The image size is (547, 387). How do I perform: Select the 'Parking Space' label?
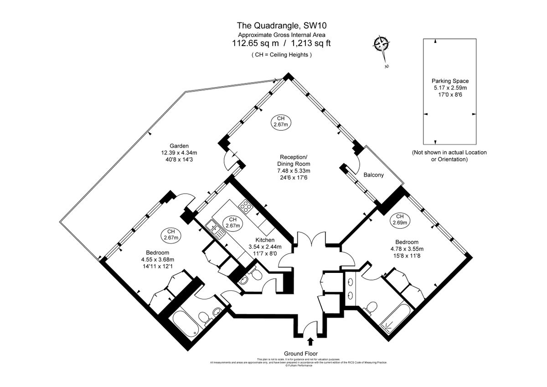pyautogui.click(x=450, y=81)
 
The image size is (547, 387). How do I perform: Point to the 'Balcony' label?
pyautogui.click(x=373, y=175)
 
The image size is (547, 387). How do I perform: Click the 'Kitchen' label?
pyautogui.click(x=264, y=240)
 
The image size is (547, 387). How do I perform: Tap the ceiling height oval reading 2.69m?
pyautogui.click(x=400, y=220)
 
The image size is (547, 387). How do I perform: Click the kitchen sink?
pyautogui.click(x=213, y=226)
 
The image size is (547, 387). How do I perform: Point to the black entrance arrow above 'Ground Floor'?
pyautogui.click(x=311, y=341)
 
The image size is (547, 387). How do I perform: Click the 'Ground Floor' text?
pyautogui.click(x=301, y=354)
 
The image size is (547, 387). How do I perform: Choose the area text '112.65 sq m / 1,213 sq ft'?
pyautogui.click(x=281, y=44)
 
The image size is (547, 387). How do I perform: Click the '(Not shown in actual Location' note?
pyautogui.click(x=449, y=152)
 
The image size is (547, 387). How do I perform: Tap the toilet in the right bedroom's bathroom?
pyautogui.click(x=372, y=308)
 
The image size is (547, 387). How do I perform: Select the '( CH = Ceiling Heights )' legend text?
pyautogui.click(x=281, y=55)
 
